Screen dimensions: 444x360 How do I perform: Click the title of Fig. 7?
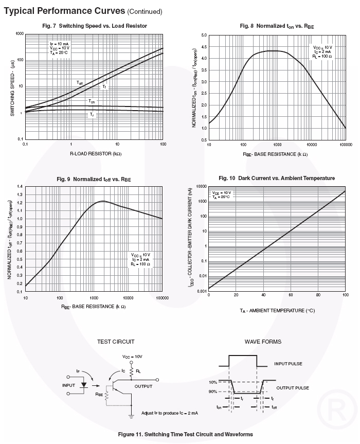coord(94,26)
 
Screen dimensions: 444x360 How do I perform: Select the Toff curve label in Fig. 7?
coord(79,82)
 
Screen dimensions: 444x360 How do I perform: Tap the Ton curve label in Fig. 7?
coord(92,102)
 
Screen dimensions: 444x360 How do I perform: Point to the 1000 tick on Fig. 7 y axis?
coord(19,33)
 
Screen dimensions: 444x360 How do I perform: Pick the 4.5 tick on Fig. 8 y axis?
coord(204,47)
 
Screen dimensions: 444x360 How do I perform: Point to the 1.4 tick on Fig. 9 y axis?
coord(20,186)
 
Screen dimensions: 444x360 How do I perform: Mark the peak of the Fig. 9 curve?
coord(103,201)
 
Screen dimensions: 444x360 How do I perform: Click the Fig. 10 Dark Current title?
coord(277,178)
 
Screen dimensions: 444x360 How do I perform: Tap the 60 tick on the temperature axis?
coord(291,295)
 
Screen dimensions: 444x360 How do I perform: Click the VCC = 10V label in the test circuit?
coord(133,356)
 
